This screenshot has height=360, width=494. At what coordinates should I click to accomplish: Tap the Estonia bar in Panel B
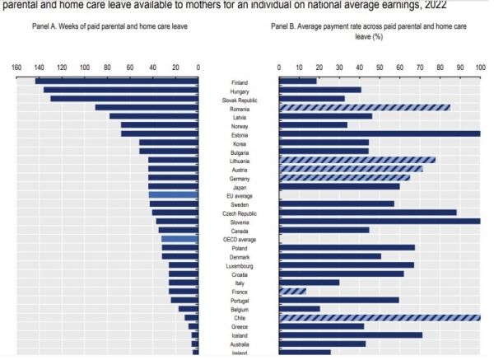tap(380, 133)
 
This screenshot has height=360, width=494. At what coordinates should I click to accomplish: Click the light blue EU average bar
tap(174, 195)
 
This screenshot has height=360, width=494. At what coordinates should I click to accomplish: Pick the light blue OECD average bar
tap(179, 239)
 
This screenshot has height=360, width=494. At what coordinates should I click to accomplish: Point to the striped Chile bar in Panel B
tap(380, 317)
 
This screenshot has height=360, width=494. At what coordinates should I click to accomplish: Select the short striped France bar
tap(292, 291)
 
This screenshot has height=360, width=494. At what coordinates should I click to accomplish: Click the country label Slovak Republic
tap(239, 99)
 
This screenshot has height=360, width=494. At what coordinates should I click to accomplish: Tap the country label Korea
tap(239, 143)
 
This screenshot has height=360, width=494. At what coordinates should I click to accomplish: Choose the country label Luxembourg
tap(239, 265)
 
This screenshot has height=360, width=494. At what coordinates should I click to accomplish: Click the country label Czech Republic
tap(239, 213)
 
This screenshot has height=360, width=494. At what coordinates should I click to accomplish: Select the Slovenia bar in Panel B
tap(380, 222)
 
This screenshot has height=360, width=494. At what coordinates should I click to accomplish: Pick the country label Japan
tap(239, 187)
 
